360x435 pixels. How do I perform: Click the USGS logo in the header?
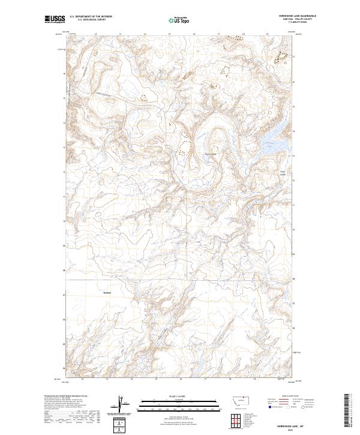tap(55, 20)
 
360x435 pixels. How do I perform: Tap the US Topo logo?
tap(179, 20)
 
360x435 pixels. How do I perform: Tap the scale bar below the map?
tap(179, 406)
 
